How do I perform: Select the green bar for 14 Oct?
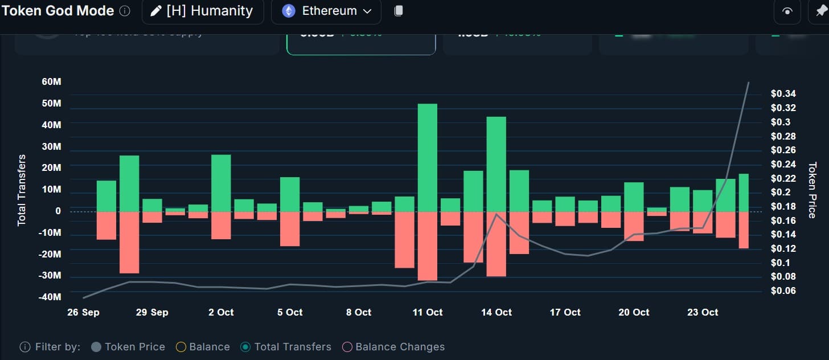tap(496, 164)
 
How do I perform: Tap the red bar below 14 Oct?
tap(496, 244)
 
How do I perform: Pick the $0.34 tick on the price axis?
tap(783, 94)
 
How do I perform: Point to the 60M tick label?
tap(51, 81)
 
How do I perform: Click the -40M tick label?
tap(50, 297)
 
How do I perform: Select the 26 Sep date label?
tap(83, 312)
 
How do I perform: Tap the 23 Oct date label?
tap(703, 312)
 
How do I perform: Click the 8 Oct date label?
tap(359, 312)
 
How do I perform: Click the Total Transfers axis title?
tap(22, 190)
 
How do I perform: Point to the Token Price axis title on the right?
tap(812, 190)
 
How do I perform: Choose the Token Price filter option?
tap(128, 347)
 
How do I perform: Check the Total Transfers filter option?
tap(286, 347)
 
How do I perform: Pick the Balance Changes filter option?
tap(393, 347)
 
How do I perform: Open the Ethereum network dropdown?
tap(326, 11)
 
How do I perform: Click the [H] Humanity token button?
tap(203, 11)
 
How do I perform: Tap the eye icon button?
tap(787, 11)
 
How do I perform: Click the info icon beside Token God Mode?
tap(125, 11)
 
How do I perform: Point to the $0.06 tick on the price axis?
tap(783, 291)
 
